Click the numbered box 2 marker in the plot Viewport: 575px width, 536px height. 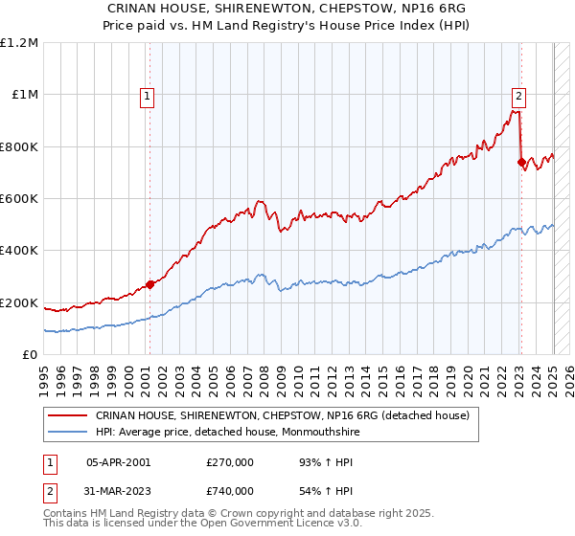tap(518, 95)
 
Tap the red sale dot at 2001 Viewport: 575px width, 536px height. tap(149, 284)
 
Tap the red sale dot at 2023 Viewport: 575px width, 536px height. tap(521, 163)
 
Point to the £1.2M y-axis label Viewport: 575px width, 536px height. tap(19, 43)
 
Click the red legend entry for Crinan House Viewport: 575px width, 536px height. tap(282, 415)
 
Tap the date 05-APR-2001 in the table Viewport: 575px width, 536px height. tap(118, 461)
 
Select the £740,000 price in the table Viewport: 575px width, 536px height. tap(229, 491)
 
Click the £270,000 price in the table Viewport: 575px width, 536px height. tap(229, 461)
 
